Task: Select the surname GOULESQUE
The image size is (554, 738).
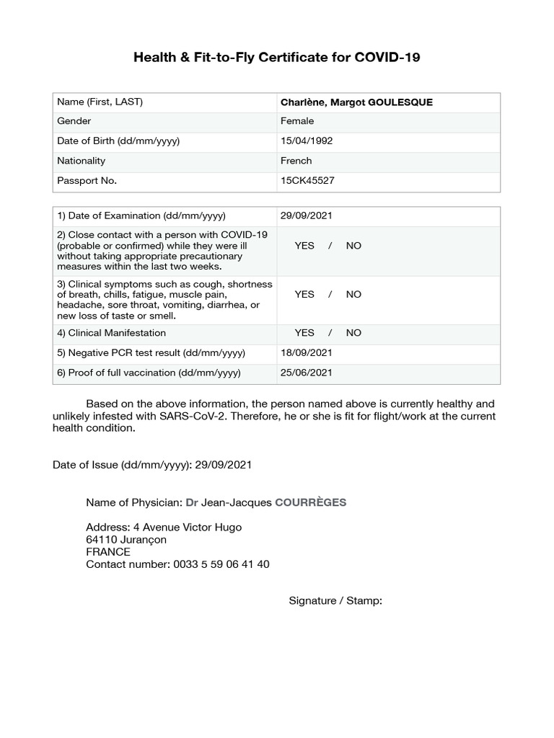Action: click(x=400, y=102)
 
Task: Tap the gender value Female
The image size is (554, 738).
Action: click(x=297, y=121)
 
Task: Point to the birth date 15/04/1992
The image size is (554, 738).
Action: click(x=307, y=141)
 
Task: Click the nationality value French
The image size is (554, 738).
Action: click(x=296, y=161)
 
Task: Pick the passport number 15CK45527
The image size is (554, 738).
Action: click(x=307, y=181)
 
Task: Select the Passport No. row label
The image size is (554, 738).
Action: click(x=87, y=181)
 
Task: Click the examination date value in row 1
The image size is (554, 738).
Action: click(x=307, y=215)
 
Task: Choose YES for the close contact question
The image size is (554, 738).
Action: click(x=304, y=246)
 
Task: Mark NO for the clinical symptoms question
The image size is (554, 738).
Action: click(x=353, y=294)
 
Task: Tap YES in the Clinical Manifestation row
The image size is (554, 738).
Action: click(x=304, y=333)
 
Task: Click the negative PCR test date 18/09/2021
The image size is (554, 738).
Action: click(x=307, y=353)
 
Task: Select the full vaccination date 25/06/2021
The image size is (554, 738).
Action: click(x=307, y=373)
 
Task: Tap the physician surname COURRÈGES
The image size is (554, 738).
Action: click(x=310, y=502)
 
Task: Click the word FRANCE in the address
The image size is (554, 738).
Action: click(x=108, y=552)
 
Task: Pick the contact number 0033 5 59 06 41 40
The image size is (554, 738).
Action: click(x=221, y=564)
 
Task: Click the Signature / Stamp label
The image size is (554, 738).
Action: click(x=335, y=600)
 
